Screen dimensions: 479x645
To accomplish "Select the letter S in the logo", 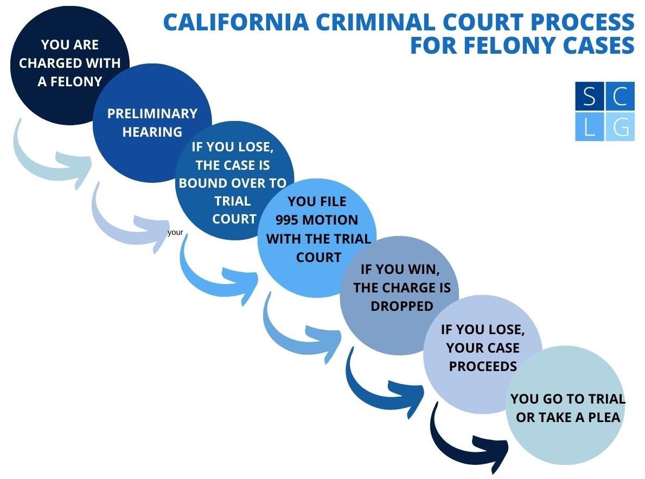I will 589,97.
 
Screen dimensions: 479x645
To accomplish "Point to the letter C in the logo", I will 620,97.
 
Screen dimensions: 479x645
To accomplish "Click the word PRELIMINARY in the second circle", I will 152,113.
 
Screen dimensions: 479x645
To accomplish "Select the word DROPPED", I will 402,306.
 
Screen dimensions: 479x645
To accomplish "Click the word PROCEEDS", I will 483,366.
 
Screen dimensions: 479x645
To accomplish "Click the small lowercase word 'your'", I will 175,232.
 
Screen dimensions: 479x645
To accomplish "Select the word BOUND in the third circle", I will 201,183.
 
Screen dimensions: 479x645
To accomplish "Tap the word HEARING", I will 152,131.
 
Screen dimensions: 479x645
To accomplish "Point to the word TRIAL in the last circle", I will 604,400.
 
